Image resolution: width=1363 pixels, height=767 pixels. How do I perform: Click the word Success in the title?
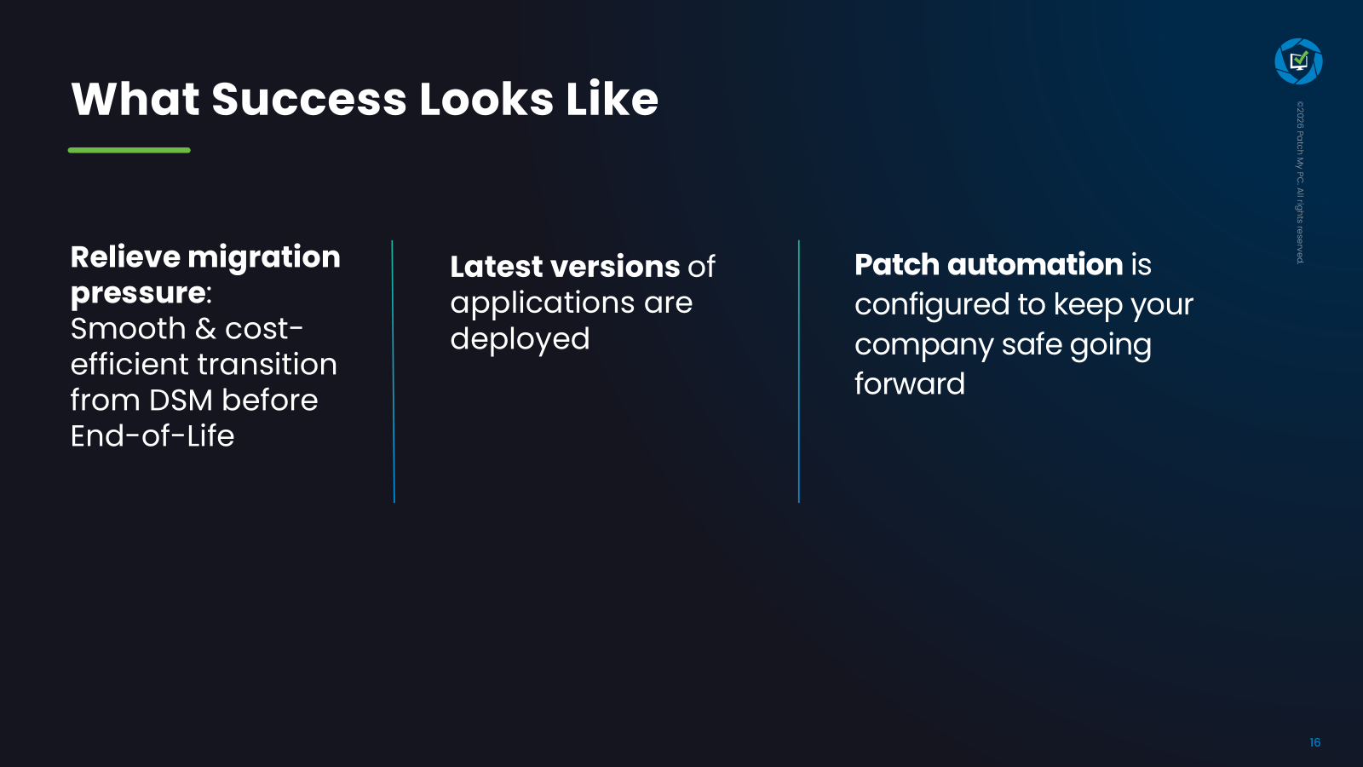click(x=308, y=99)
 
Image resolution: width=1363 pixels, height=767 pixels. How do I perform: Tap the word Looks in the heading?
click(x=486, y=99)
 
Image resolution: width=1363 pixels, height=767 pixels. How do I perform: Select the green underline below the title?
click(x=129, y=150)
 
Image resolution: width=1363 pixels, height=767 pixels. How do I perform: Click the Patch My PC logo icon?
click(x=1298, y=61)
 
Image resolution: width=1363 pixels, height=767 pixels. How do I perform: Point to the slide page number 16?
click(x=1315, y=742)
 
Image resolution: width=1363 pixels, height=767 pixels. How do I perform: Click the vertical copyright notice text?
click(x=1300, y=182)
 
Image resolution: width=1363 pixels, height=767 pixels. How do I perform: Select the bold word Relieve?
click(x=125, y=257)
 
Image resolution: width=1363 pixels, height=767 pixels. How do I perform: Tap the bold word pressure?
click(x=138, y=294)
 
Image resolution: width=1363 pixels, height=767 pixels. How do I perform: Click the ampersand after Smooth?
click(x=205, y=329)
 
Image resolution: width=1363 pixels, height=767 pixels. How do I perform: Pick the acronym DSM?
click(x=181, y=401)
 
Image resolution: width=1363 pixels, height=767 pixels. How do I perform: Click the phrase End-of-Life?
click(x=152, y=436)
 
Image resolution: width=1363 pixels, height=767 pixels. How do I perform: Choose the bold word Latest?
click(x=496, y=267)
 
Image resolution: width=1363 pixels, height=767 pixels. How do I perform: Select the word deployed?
click(x=520, y=340)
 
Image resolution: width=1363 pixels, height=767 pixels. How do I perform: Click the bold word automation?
click(x=1034, y=264)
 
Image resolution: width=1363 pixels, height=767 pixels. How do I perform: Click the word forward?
click(x=910, y=384)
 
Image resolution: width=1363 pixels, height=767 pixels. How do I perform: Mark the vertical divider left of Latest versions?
click(x=393, y=372)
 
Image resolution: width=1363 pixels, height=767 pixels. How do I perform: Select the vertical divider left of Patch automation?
click(x=799, y=372)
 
